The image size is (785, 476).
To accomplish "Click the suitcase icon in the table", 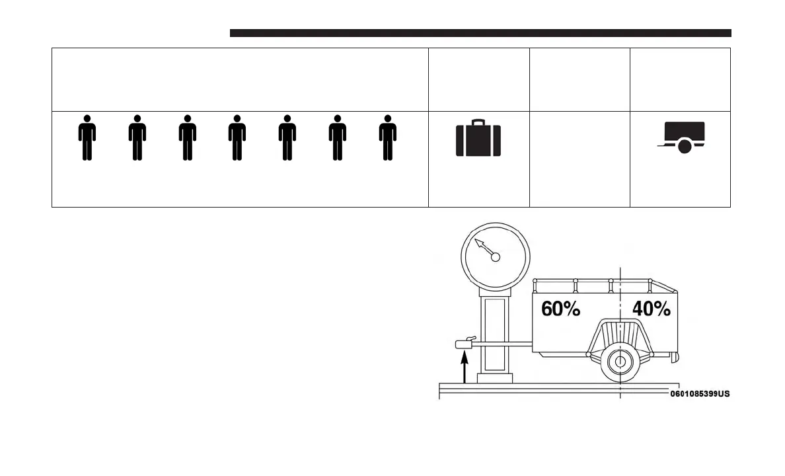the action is [478, 139].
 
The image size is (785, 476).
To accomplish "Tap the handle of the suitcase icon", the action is [478, 122].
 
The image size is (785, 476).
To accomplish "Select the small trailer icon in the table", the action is [682, 137].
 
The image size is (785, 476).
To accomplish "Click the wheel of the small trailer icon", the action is [685, 147].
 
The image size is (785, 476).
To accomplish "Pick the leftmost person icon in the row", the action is [87, 138].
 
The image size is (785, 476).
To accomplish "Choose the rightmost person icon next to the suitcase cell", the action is [388, 138].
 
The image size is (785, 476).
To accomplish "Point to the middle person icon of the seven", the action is [237, 138].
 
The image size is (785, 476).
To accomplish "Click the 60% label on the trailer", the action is [560, 309].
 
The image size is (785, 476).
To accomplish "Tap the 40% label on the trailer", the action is [652, 309].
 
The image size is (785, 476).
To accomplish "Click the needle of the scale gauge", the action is [485, 248].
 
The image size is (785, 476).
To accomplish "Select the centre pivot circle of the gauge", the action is [496, 257].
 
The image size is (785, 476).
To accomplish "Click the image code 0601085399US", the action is [700, 394].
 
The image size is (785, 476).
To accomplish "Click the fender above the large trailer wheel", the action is [620, 327].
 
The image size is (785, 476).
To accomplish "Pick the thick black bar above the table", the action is [480, 33].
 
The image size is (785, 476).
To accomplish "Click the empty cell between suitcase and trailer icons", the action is [579, 159].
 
